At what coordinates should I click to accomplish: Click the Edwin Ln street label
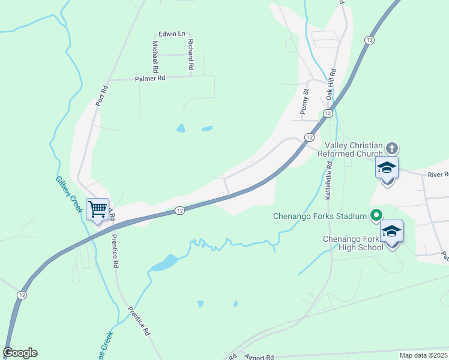pyautogui.click(x=172, y=34)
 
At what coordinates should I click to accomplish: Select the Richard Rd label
pyautogui.click(x=190, y=55)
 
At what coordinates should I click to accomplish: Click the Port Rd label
pyautogui.click(x=103, y=96)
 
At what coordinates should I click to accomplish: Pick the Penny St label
pyautogui.click(x=304, y=101)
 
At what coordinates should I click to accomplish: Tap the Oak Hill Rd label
pyautogui.click(x=330, y=84)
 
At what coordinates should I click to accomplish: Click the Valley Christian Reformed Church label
pyautogui.click(x=354, y=149)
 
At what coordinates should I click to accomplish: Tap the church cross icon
pyautogui.click(x=391, y=148)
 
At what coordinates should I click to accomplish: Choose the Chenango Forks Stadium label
pyautogui.click(x=319, y=216)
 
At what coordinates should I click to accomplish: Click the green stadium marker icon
pyautogui.click(x=376, y=214)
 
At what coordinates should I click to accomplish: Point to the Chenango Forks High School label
pyautogui.click(x=353, y=243)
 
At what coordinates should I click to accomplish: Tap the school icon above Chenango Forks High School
pyautogui.click(x=391, y=231)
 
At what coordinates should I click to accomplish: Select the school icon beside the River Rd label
pyautogui.click(x=387, y=167)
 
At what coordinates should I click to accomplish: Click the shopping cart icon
pyautogui.click(x=97, y=209)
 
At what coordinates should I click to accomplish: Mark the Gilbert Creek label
pyautogui.click(x=69, y=194)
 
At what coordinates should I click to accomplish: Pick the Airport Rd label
pyautogui.click(x=259, y=356)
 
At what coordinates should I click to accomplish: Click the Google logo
pyautogui.click(x=20, y=353)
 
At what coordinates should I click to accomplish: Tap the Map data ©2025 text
pyautogui.click(x=423, y=355)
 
